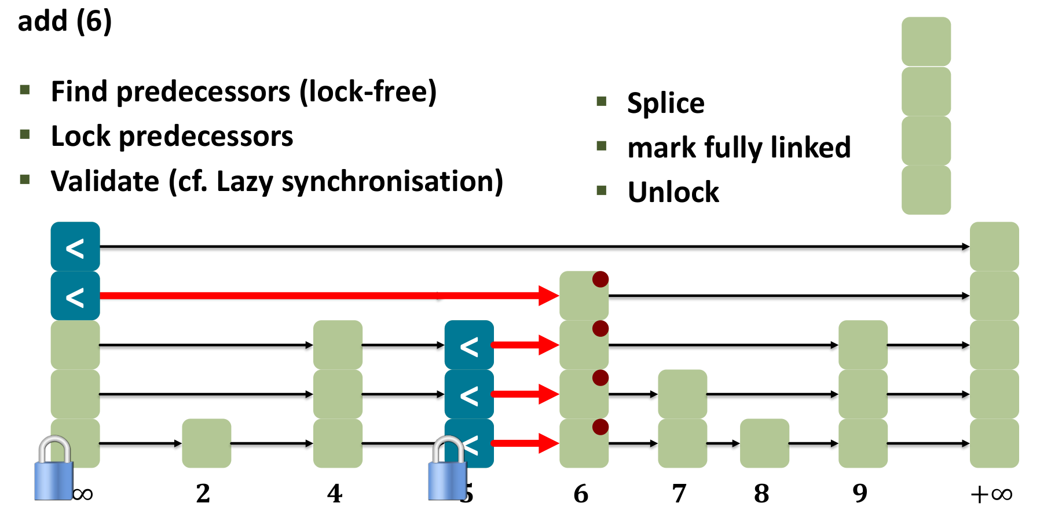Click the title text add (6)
pyautogui.click(x=64, y=21)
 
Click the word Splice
pyautogui.click(x=666, y=104)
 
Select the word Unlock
pyautogui.click(x=673, y=192)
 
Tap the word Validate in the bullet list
pyautogui.click(x=105, y=181)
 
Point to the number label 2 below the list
pyautogui.click(x=203, y=494)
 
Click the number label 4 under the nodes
pyautogui.click(x=335, y=494)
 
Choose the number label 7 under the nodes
pyautogui.click(x=679, y=494)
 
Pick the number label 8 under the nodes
pyautogui.click(x=761, y=494)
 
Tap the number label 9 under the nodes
pyautogui.click(x=860, y=494)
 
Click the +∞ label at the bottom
pyautogui.click(x=991, y=494)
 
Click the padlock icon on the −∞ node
pyautogui.click(x=54, y=469)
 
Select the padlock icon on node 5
pyautogui.click(x=447, y=469)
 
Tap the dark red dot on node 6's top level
pyautogui.click(x=600, y=280)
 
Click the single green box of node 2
pyautogui.click(x=207, y=443)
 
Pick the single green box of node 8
pyautogui.click(x=764, y=443)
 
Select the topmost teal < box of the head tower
pyautogui.click(x=75, y=247)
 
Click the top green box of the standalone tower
pyautogui.click(x=926, y=42)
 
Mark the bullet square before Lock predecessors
pyautogui.click(x=25, y=135)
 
